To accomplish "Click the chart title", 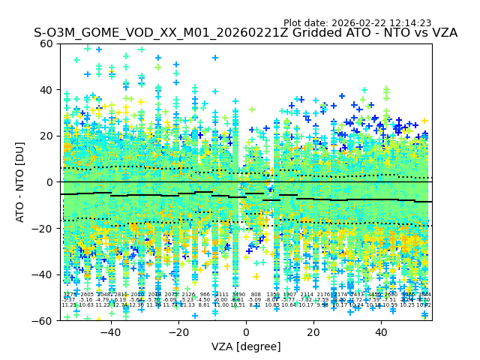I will (x=245, y=34).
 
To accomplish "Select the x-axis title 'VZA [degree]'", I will (x=246, y=346).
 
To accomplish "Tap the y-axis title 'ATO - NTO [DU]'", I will (x=21, y=182).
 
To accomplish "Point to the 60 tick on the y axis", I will (x=46, y=43).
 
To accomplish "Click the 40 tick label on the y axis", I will (x=46, y=90).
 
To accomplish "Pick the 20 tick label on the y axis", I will (x=46, y=136).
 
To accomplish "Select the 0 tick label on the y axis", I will (x=49, y=182).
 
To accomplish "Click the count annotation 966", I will (x=205, y=295).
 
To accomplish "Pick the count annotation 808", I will (x=256, y=295).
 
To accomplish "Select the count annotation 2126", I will (x=187, y=295).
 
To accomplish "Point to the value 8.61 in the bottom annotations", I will (x=205, y=305).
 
